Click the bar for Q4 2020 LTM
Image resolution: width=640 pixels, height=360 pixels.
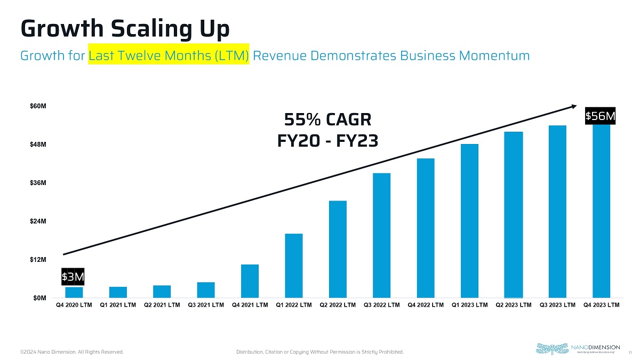coord(74,292)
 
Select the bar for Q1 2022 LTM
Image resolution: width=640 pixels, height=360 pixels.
coord(294,266)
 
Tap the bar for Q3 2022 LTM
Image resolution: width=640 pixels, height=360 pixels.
coord(382,235)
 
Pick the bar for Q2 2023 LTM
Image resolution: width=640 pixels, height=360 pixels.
coord(514,214)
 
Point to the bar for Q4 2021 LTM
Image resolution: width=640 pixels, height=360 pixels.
coord(250,281)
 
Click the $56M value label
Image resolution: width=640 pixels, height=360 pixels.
coord(601,116)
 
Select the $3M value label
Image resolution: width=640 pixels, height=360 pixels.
coord(73,276)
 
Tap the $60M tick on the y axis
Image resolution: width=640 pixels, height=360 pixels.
coord(37,106)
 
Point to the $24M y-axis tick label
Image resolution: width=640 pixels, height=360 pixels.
coord(37,221)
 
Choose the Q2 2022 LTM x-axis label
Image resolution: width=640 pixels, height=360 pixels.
coord(338,305)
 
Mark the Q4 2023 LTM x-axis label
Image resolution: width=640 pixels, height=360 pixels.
coord(601,305)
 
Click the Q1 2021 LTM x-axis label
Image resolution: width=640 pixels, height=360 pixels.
coord(118,305)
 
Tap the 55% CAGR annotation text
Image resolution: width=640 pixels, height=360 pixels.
coord(327,118)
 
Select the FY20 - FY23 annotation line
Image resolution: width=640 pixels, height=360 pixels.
coord(327,141)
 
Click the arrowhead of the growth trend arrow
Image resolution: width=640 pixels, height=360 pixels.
coord(572,106)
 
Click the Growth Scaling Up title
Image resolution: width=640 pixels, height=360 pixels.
coord(125,29)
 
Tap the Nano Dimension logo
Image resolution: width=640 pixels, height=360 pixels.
coord(577,348)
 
